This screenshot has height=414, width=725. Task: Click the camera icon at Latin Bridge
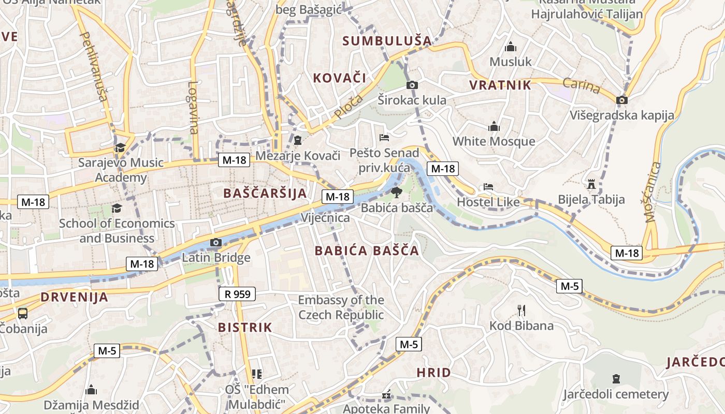coord(216,242)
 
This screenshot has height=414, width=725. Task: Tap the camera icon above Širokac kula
coord(412,85)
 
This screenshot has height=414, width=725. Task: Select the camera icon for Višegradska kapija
coord(622,100)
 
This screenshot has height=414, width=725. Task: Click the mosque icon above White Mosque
coord(494,126)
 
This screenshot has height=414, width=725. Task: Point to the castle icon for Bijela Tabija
coord(591,184)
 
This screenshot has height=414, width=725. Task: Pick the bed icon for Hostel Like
coord(488,187)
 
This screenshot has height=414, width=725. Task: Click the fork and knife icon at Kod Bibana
coord(521,310)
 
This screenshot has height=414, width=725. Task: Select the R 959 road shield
coord(237,294)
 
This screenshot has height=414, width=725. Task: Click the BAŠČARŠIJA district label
coord(265,193)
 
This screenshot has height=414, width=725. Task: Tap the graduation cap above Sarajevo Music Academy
coord(121,147)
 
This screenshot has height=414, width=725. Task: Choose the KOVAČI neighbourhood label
coord(339,78)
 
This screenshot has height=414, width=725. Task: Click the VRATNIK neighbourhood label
coord(500,85)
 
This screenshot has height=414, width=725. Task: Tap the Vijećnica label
coord(326,218)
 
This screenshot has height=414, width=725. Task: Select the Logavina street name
coord(194,107)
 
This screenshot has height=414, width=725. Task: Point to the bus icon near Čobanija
coord(23,313)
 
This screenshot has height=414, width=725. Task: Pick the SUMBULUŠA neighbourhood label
coord(387,41)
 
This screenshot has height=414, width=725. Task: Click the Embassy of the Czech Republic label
coord(341,307)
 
